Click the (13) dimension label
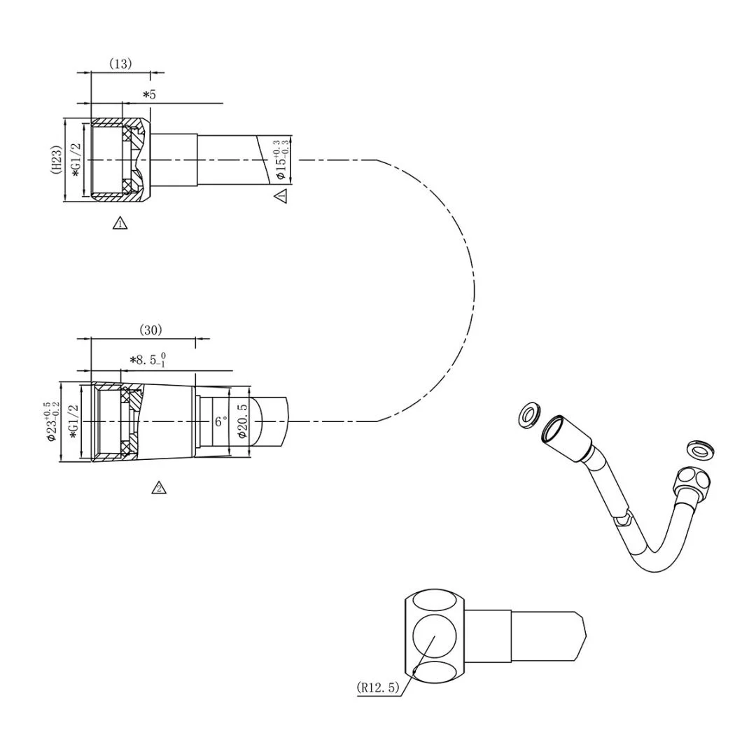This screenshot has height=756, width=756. pos(120,64)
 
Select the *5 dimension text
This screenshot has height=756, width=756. pos(149,94)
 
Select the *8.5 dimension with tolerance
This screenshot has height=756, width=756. pos(148,360)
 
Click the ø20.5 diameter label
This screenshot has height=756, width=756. pos(243,421)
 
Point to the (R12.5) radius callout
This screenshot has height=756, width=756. pos(378,687)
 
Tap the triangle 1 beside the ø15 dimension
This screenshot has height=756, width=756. pos(281,196)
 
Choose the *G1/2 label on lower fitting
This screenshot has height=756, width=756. pos(73,421)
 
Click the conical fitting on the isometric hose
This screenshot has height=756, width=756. pos(568,437)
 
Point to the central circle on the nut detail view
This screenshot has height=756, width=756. pos(434,636)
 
